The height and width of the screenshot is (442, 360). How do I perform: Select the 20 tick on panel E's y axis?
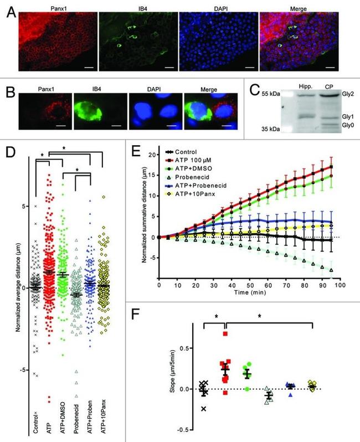(150, 153)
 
